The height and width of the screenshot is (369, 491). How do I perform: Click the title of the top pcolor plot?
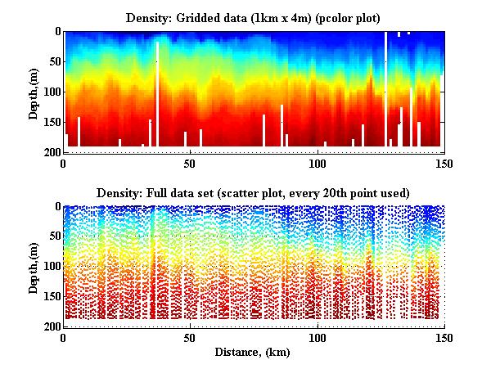254,17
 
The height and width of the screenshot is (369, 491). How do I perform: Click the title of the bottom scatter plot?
254,192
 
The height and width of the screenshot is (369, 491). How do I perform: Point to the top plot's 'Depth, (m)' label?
34,92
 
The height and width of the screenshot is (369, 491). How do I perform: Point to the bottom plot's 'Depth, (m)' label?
34,267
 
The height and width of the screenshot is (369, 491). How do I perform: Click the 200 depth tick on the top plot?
52,152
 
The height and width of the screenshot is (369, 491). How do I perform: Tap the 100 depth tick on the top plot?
52,92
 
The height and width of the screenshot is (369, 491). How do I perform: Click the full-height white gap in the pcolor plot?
385,90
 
